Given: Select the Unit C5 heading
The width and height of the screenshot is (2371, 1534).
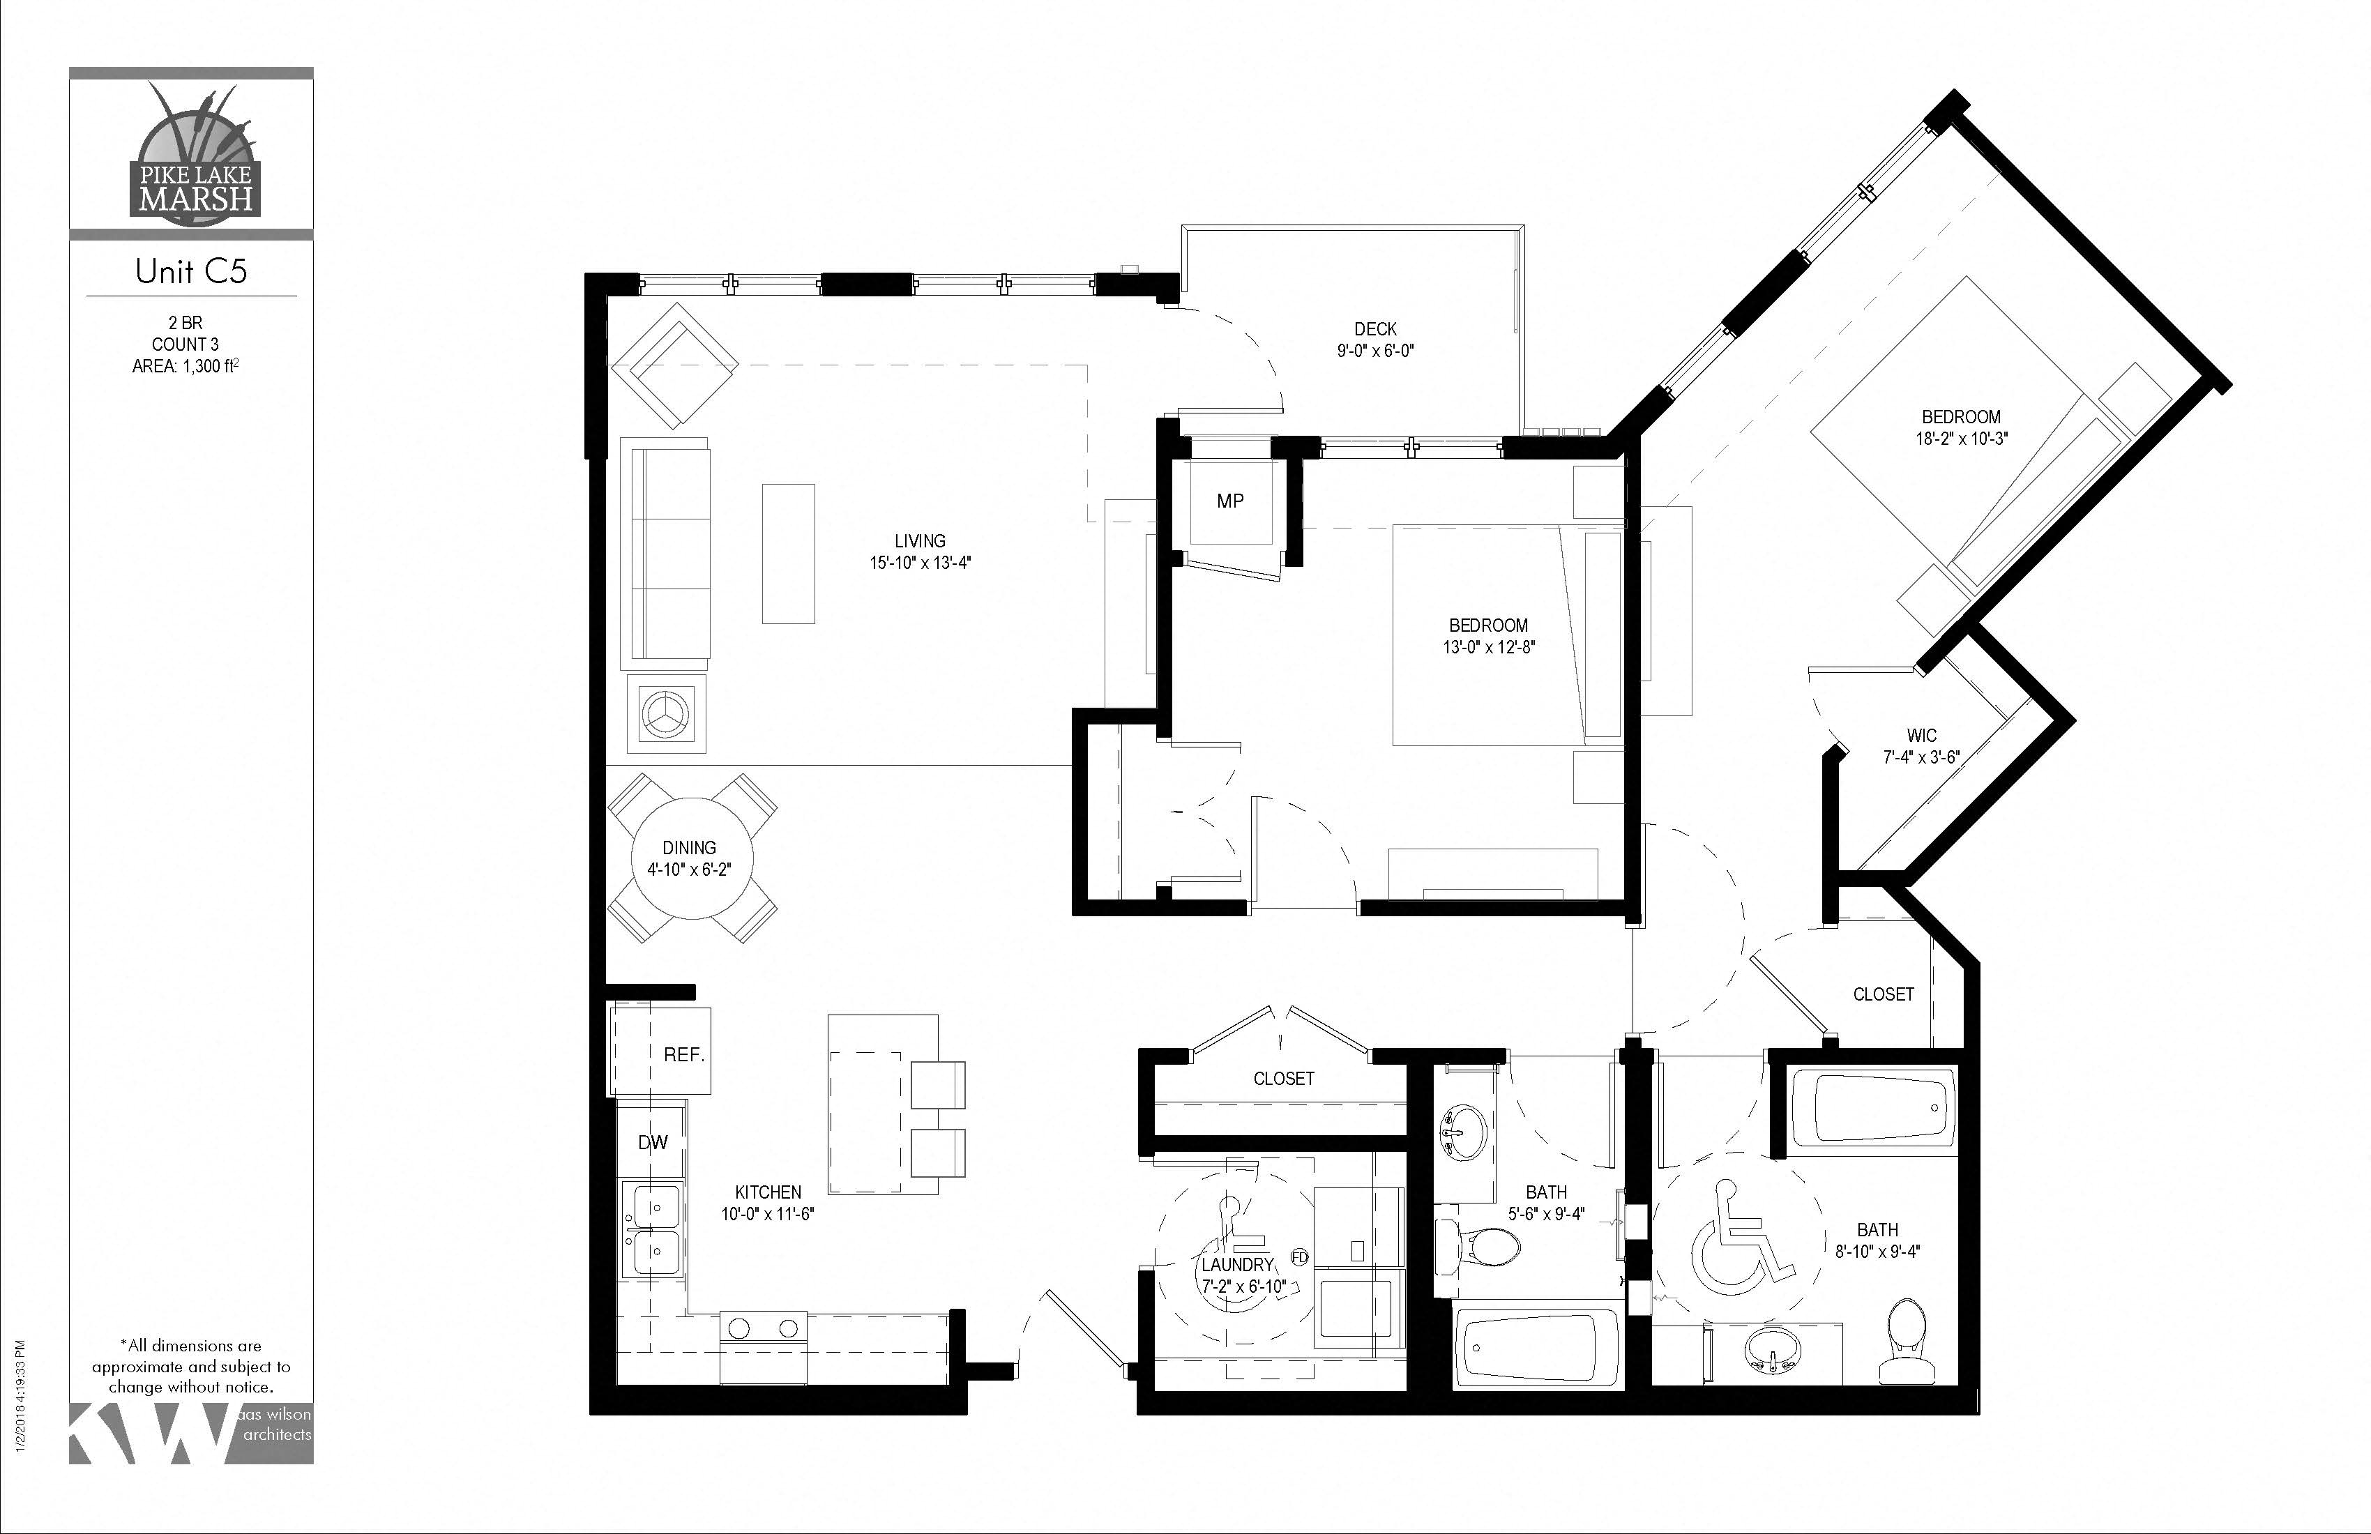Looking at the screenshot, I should [190, 271].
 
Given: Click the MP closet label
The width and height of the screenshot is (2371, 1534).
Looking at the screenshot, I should [1229, 501].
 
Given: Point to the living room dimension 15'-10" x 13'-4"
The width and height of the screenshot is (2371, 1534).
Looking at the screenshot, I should [920, 563].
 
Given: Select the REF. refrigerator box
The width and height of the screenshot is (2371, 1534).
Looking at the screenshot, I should [660, 1052].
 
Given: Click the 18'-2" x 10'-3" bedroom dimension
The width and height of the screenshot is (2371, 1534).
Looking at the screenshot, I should [1960, 439].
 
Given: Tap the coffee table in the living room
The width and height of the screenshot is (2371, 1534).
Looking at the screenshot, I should [788, 554].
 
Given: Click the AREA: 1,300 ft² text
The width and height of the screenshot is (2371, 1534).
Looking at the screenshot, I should [185, 367].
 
